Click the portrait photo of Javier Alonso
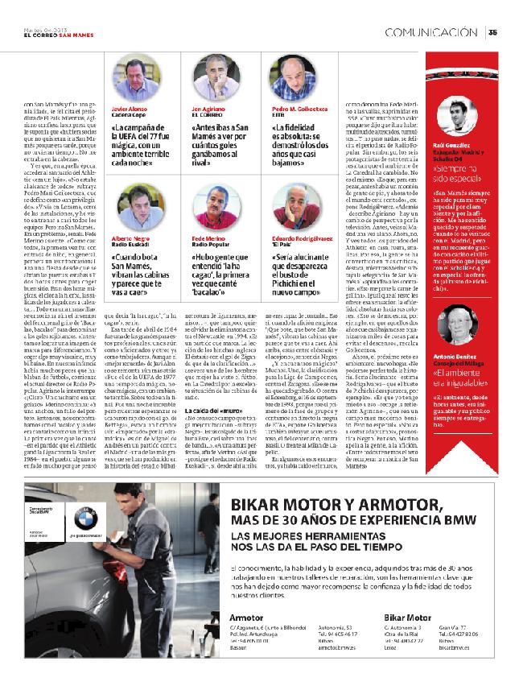point(133,74)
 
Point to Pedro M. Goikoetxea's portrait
point(294,74)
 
